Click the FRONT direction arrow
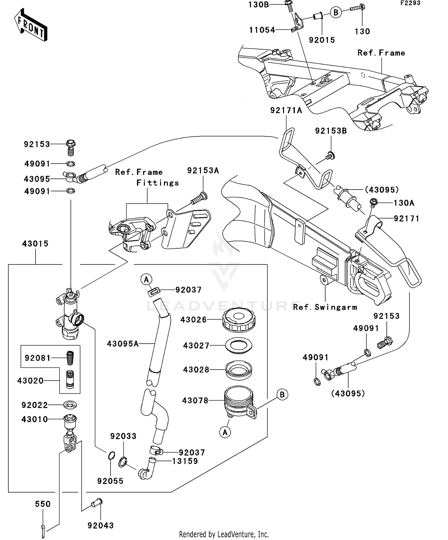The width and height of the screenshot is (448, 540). (x=31, y=25)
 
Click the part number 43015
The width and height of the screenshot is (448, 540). (x=35, y=244)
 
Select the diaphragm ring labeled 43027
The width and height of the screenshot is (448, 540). (x=239, y=345)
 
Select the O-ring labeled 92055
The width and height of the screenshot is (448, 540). (x=111, y=456)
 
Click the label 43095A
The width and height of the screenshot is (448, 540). (x=123, y=344)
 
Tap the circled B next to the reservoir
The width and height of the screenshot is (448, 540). (x=282, y=395)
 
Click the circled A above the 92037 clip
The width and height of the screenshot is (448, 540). (x=146, y=280)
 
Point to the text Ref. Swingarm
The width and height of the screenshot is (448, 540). (x=325, y=307)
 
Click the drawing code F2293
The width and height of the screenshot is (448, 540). (x=410, y=3)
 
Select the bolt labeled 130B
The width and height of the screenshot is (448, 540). (x=289, y=5)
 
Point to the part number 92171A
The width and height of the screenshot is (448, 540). (x=286, y=110)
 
